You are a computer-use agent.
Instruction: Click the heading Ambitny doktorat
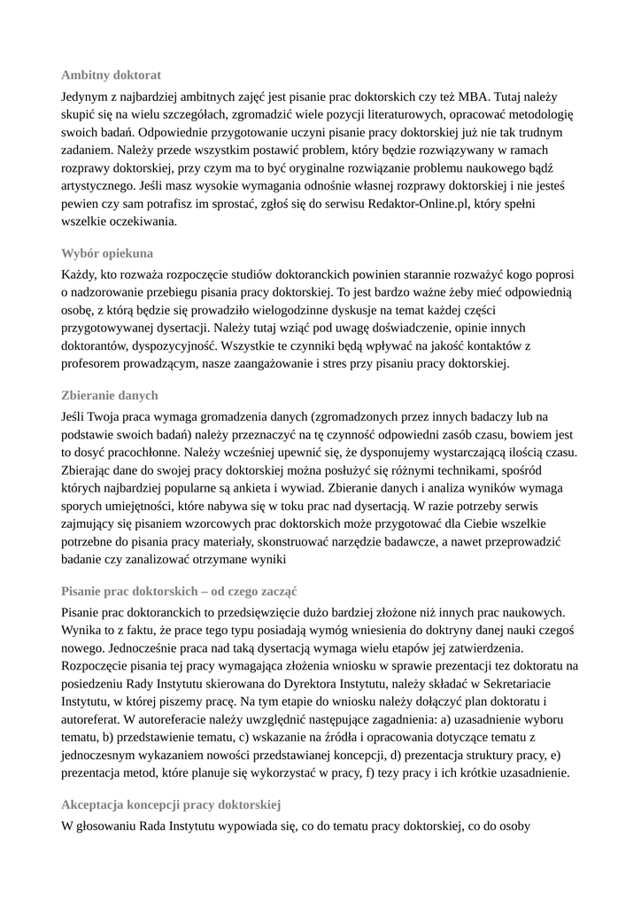(111, 75)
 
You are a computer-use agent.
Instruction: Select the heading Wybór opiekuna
(107, 253)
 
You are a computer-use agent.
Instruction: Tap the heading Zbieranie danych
(110, 395)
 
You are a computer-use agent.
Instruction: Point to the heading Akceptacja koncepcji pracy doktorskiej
(171, 805)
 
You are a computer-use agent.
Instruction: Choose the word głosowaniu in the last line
(107, 827)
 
